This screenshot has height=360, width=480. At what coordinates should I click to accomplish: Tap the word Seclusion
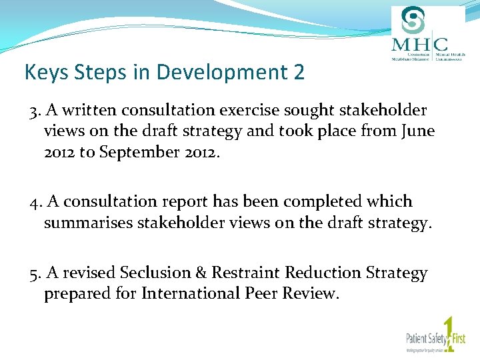click(155, 273)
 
